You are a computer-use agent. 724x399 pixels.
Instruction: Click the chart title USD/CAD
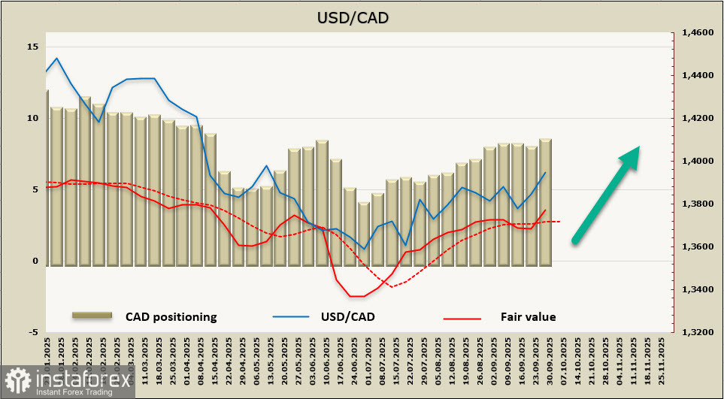362,17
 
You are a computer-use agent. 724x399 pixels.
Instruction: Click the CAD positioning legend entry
171,317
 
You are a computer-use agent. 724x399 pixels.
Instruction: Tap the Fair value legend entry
528,317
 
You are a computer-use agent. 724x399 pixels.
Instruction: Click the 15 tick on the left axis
32,47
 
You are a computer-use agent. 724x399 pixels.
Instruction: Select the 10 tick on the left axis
32,118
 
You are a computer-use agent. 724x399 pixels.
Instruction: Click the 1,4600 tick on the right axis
696,33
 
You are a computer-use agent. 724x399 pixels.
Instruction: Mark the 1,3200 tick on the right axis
696,333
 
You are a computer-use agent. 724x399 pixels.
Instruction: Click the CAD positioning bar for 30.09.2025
545,203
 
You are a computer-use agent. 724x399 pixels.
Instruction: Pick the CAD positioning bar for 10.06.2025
322,203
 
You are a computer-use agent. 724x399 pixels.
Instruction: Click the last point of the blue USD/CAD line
545,173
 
